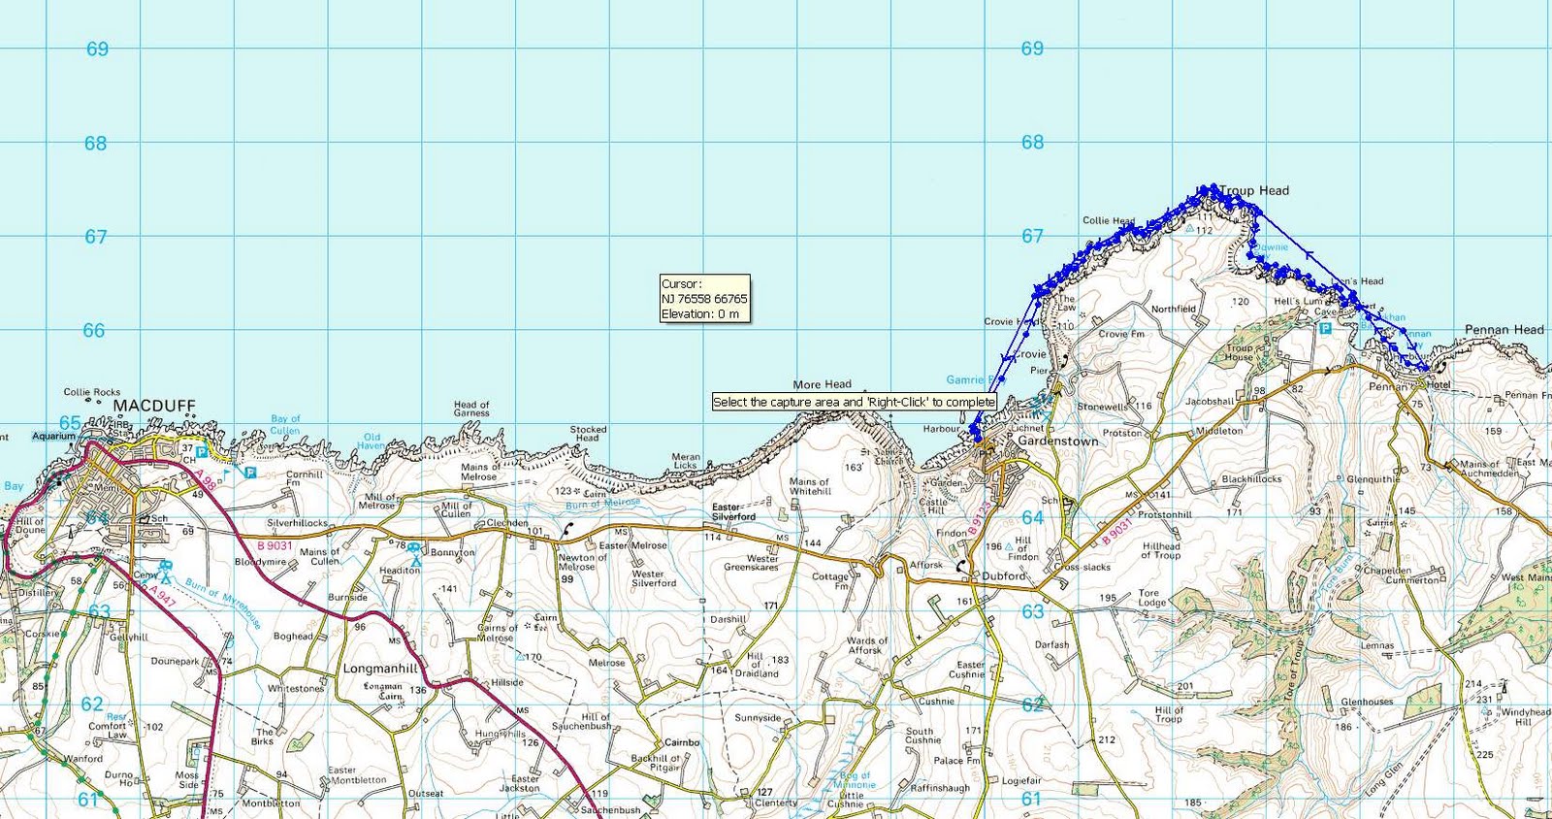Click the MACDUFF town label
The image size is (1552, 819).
pos(154,405)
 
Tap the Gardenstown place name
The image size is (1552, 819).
pos(1057,441)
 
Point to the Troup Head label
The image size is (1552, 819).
pos(1254,191)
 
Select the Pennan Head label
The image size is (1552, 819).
pos(1503,330)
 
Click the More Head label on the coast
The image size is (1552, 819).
pos(822,384)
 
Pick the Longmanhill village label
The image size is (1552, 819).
pos(380,669)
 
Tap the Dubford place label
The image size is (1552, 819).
pos(1003,575)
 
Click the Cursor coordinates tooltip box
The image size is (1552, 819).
pos(704,299)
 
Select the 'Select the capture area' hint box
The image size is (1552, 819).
pos(854,402)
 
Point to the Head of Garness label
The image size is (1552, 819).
pos(471,409)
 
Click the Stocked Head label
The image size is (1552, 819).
pos(588,433)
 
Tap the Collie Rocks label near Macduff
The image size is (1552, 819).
pos(92,392)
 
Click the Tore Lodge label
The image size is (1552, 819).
pos(1151,597)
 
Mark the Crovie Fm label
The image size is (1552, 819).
pos(1121,334)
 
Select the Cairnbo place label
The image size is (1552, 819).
pos(682,742)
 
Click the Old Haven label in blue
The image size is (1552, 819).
pos(372,441)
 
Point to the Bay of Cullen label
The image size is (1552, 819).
pos(285,424)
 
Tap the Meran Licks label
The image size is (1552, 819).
pos(686,460)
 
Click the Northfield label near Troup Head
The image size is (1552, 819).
pos(1173,309)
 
